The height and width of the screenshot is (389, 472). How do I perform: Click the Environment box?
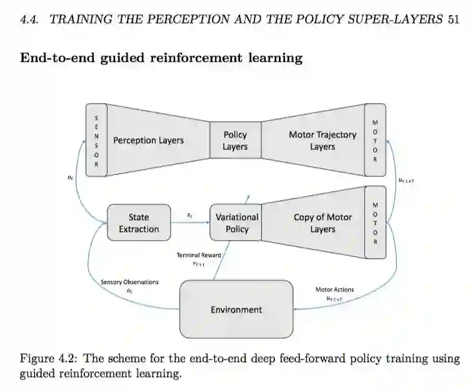pos(236,309)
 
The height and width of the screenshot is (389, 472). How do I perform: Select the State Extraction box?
pos(139,223)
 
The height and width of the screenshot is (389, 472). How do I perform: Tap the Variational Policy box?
pos(236,223)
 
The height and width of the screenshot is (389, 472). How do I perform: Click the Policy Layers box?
pos(235,141)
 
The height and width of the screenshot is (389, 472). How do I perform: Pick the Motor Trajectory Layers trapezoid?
pos(313,141)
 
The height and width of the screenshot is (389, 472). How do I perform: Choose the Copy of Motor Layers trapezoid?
pos(313,223)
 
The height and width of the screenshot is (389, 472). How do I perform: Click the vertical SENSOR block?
pos(96,141)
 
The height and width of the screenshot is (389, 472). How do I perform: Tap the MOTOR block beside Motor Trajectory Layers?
pos(375,141)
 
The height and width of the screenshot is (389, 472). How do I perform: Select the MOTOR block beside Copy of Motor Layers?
pos(375,223)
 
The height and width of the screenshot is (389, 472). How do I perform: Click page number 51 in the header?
pos(454,20)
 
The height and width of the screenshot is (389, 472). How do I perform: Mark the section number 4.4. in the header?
pos(30,20)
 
